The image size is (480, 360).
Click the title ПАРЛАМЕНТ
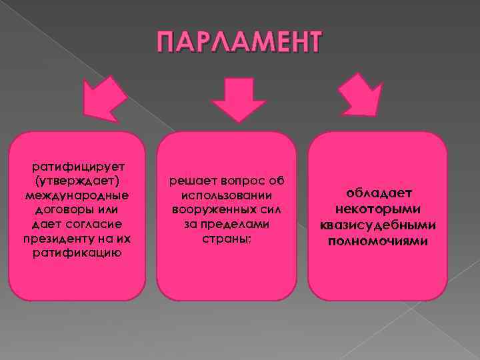(x=239, y=42)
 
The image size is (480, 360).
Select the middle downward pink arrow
(x=239, y=99)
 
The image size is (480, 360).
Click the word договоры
(x=59, y=209)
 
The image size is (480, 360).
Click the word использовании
(x=227, y=195)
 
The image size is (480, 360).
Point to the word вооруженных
(x=210, y=209)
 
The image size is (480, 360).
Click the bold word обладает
(x=377, y=193)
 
